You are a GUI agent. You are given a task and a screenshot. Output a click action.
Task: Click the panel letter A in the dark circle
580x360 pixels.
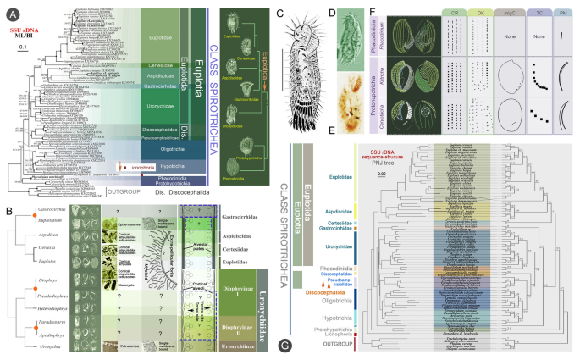[10, 11]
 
